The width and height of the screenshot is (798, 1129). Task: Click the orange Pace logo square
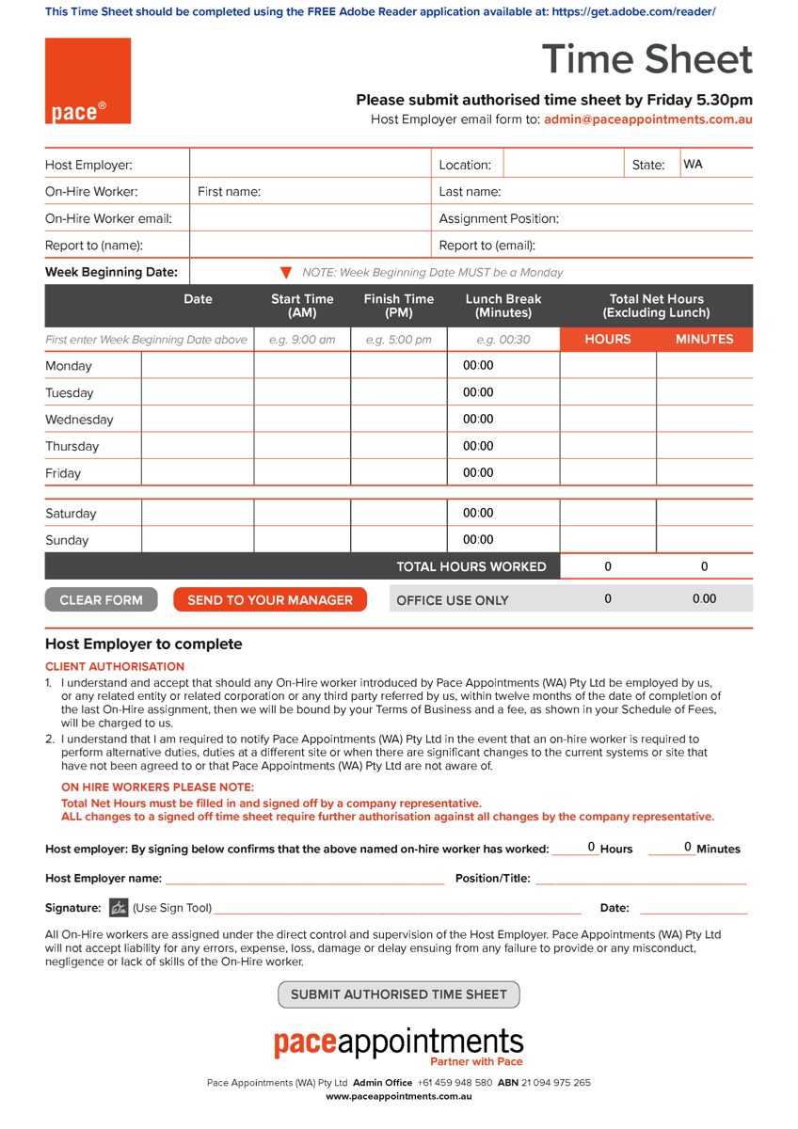pos(88,81)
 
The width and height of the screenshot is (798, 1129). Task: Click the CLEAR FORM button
pos(101,599)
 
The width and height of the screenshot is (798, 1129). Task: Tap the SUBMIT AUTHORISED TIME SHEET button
pos(398,994)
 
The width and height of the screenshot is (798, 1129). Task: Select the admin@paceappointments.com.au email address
pos(648,119)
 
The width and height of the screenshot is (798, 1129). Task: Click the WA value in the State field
pos(694,165)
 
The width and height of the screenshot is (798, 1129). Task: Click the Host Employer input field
pos(310,165)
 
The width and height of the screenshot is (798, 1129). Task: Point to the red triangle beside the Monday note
pos(286,273)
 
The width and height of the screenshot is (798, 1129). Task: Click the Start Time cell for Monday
pos(302,366)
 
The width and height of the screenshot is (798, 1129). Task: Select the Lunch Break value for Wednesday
pos(478,420)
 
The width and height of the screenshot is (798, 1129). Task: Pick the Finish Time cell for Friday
pos(399,473)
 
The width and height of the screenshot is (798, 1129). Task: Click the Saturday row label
pos(72,514)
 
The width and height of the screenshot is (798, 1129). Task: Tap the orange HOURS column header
pos(608,339)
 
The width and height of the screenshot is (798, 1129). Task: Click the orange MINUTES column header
pos(704,339)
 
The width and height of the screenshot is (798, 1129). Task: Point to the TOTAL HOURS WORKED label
pos(471,566)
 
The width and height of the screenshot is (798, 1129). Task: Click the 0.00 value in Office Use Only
pos(704,598)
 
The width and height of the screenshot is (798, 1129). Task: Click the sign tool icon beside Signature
pos(119,908)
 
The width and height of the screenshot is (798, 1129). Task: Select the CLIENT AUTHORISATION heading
pos(115,666)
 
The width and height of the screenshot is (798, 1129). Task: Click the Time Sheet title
pos(647,60)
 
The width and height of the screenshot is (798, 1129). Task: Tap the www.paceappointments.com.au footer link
pos(398,1096)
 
